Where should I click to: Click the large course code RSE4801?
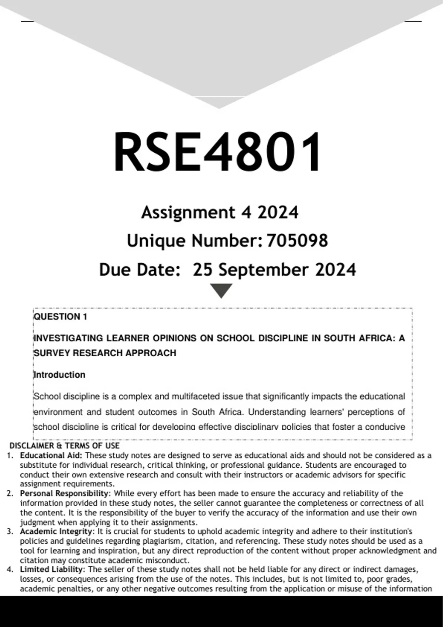[218, 152]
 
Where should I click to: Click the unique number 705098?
[297, 241]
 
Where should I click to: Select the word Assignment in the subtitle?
[188, 212]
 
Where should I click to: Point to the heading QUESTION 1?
[61, 317]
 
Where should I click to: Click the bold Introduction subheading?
[59, 375]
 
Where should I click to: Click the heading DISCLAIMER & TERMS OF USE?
[65, 446]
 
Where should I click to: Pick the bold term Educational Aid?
[51, 455]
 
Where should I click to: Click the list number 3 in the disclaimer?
[10, 531]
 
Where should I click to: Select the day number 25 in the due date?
[203, 270]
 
